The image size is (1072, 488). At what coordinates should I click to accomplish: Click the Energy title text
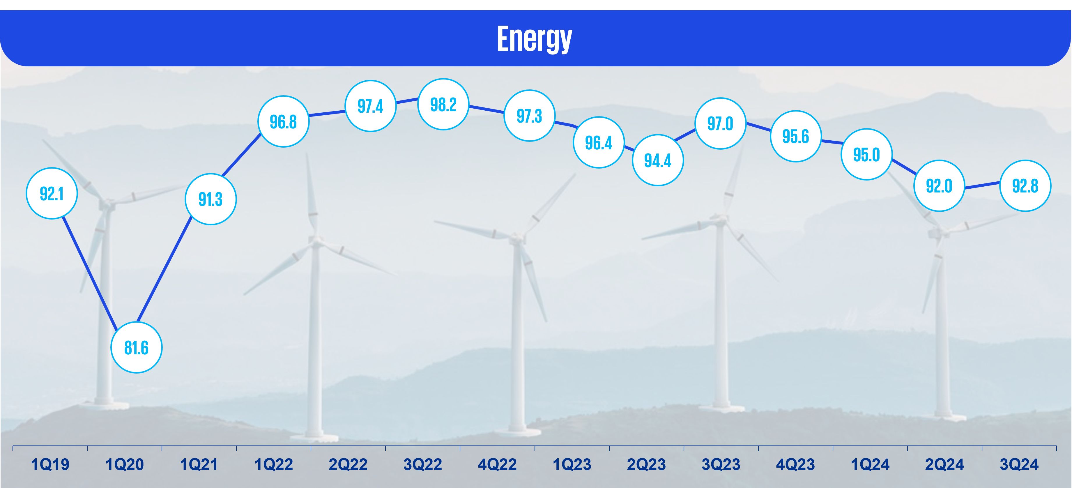(535, 39)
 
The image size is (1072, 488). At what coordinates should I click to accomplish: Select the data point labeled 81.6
(137, 347)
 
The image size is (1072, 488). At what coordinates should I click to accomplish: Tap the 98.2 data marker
(443, 105)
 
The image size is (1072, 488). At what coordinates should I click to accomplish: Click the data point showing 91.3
(210, 199)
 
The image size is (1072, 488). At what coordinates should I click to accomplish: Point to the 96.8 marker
(283, 122)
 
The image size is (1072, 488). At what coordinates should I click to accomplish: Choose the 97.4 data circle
(370, 106)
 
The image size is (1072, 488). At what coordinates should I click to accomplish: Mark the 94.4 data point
(657, 160)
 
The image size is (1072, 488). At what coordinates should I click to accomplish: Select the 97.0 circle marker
(720, 123)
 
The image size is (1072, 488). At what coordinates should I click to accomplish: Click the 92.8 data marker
(1025, 185)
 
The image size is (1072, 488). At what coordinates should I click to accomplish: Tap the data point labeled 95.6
(796, 136)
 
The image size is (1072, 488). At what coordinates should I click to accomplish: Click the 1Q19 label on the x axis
(50, 464)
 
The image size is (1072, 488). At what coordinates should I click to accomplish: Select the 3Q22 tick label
(422, 464)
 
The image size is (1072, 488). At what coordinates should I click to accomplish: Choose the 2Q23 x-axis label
(646, 464)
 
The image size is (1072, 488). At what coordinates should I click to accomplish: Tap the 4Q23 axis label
(795, 464)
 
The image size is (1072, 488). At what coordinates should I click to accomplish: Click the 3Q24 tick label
(1019, 464)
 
